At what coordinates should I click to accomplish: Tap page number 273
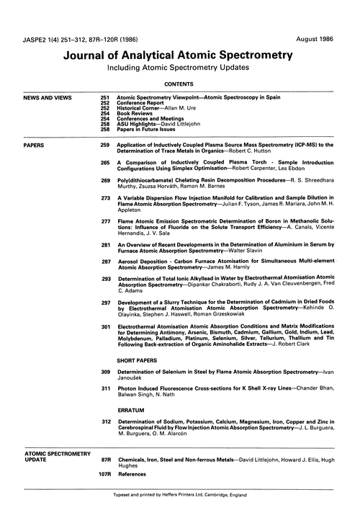[x=105, y=196]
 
